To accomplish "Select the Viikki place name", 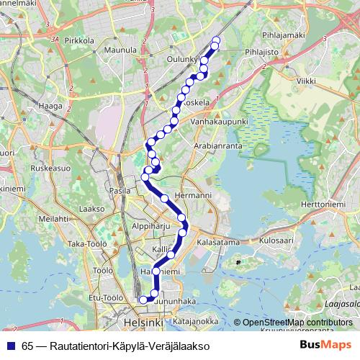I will click(305, 81).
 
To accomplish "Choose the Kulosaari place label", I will click(277, 239).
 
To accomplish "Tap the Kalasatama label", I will click(217, 243).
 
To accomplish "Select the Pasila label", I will click(120, 191).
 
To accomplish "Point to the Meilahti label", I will click(53, 217).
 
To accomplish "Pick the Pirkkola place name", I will click(79, 42).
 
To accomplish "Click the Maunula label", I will click(120, 50).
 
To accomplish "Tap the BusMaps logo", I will click(326, 345).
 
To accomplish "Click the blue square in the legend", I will click(10, 346).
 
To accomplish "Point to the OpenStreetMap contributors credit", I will click(297, 323).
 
